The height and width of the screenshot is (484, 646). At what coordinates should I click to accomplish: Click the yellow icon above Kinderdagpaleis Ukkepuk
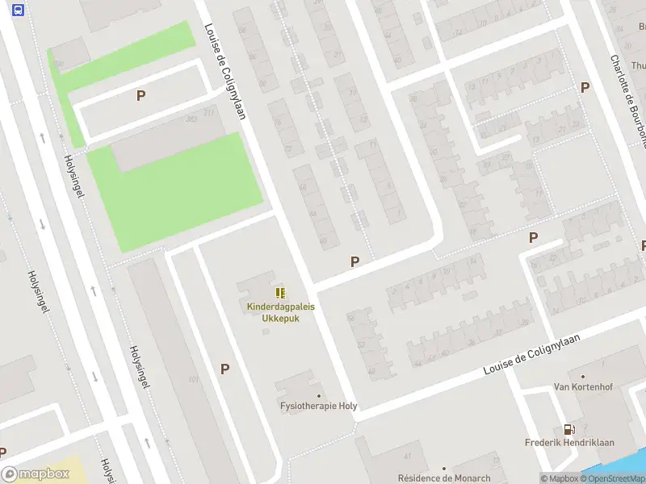pos(280,294)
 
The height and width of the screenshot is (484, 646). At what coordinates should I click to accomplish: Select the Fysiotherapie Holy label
pos(318,406)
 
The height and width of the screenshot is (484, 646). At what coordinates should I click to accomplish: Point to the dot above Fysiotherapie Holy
pos(319,396)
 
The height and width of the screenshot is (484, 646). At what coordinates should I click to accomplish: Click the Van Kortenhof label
pos(582,387)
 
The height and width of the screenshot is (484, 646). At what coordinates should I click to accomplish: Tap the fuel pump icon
pos(569,431)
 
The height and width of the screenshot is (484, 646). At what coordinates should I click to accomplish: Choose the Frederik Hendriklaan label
pos(569,443)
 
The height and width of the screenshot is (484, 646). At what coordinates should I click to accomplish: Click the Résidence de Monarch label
pos(443,478)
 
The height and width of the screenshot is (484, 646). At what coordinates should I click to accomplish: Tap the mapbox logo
pos(35,474)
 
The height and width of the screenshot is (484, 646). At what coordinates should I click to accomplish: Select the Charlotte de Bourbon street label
pos(628,89)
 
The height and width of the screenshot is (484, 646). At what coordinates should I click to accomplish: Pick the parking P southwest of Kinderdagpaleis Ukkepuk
pos(224,369)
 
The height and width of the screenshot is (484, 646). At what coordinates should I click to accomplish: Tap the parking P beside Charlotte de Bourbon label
pos(585,87)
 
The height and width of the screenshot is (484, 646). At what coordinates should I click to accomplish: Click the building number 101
pos(193,379)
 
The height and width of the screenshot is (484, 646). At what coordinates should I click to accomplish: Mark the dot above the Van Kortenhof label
pos(583,376)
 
